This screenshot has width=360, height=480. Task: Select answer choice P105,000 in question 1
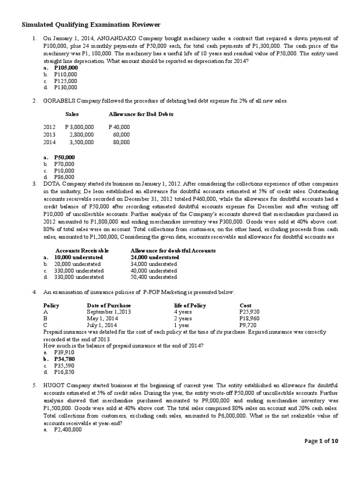(66, 67)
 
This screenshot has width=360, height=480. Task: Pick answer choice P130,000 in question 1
(66, 87)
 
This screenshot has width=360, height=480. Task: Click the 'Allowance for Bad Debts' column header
(135, 114)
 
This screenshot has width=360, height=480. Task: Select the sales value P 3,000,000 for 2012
(80, 127)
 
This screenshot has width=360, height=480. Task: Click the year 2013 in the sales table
(49, 135)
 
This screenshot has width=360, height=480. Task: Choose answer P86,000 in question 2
(64, 177)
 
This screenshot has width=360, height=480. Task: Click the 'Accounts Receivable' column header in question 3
(82, 251)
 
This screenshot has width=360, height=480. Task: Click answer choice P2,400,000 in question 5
(68, 428)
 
